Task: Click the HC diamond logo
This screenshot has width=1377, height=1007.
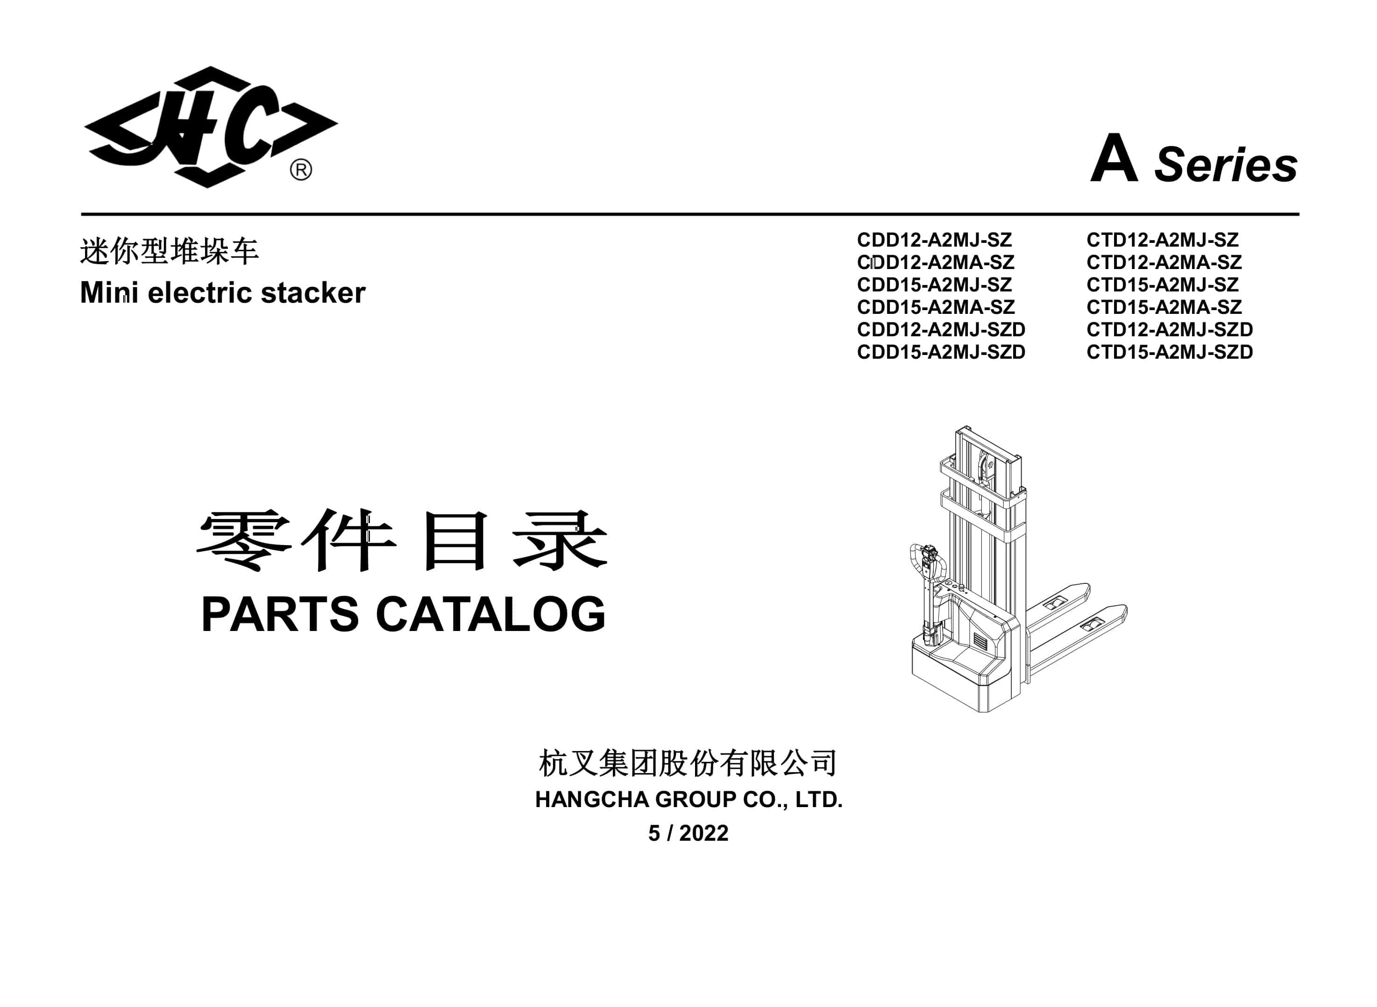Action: tap(210, 127)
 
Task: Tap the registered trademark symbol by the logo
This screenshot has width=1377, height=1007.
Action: tap(300, 170)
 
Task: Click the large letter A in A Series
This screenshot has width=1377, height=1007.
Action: tap(1114, 158)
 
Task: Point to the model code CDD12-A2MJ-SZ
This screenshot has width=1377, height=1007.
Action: tap(935, 240)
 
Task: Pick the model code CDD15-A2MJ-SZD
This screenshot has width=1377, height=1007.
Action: tap(941, 352)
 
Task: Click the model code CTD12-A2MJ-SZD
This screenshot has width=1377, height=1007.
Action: tap(1170, 329)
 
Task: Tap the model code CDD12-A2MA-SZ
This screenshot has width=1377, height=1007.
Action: tap(936, 262)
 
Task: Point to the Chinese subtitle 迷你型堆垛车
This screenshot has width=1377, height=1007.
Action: tap(170, 251)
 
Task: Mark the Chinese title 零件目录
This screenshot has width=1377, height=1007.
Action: tap(402, 541)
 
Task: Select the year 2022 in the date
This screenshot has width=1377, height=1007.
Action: tap(704, 833)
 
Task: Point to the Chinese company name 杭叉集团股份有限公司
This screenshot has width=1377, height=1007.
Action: tap(688, 763)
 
